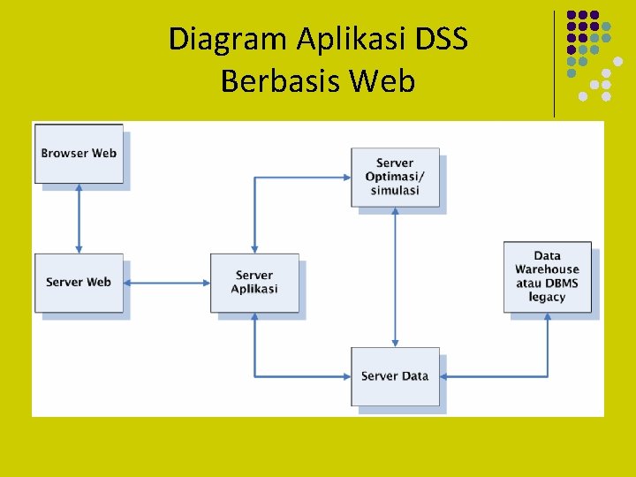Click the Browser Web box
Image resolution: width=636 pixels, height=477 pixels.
point(79,154)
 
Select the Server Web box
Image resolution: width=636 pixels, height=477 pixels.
point(79,283)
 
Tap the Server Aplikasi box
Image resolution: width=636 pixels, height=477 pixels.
point(254,283)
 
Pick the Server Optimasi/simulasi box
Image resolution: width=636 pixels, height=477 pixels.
point(395,177)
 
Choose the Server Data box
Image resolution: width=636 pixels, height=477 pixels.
point(395,376)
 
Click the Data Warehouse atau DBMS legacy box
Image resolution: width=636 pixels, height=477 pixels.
point(547,276)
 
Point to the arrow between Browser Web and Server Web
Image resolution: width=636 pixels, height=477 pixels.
point(79,218)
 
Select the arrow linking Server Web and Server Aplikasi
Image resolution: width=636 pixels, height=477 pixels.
point(167,283)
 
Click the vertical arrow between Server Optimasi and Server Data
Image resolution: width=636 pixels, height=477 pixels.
point(395,276)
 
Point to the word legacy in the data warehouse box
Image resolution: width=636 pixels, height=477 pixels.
point(547,297)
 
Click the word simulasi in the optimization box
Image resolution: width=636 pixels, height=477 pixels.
point(395,191)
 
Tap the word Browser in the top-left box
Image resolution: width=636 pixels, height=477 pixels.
point(64,154)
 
